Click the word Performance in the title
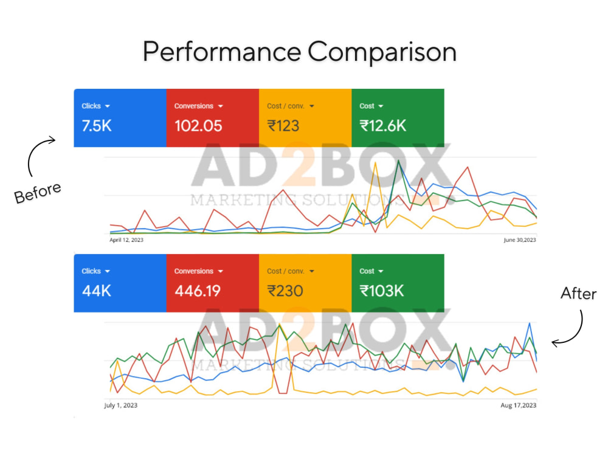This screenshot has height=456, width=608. point(222,52)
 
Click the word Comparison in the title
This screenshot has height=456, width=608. point(382,52)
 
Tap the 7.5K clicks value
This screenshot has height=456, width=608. point(97,126)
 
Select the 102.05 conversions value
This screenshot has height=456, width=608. point(198,126)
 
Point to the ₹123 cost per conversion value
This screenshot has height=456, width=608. point(283,126)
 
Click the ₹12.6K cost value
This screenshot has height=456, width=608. point(382,126)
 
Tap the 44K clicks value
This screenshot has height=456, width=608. point(97,291)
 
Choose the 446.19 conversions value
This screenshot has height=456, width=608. point(198,291)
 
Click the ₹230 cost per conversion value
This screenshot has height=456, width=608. point(285,291)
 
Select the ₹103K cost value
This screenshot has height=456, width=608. point(382,291)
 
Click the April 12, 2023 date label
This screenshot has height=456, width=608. point(126,240)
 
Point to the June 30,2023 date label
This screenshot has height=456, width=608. point(520,240)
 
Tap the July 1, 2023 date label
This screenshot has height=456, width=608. point(120,405)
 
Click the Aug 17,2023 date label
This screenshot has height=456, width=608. point(519,405)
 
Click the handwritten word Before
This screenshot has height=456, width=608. point(38,193)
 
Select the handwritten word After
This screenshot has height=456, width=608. point(579,294)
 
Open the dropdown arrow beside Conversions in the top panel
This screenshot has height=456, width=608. point(221,106)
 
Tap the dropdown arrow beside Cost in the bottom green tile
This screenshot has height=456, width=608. point(381,271)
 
